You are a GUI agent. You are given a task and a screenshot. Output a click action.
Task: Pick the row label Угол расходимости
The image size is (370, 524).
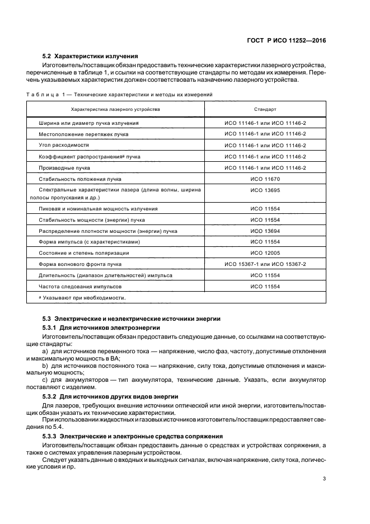coord(60,145)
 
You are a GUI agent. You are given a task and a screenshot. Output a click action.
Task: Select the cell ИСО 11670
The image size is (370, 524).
coord(265,180)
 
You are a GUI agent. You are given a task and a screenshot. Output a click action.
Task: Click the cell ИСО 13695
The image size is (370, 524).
coord(265,191)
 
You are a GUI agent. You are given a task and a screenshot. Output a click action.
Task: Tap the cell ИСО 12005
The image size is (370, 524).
coord(265,252)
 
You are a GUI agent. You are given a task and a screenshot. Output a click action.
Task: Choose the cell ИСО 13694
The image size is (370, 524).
coord(265,231)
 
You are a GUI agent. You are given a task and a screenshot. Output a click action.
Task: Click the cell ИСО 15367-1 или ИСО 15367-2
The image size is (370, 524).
coord(265,264)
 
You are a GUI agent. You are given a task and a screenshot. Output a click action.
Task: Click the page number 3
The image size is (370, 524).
coord(324,478)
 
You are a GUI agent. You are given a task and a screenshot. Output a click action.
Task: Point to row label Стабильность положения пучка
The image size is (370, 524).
coord(80,180)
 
